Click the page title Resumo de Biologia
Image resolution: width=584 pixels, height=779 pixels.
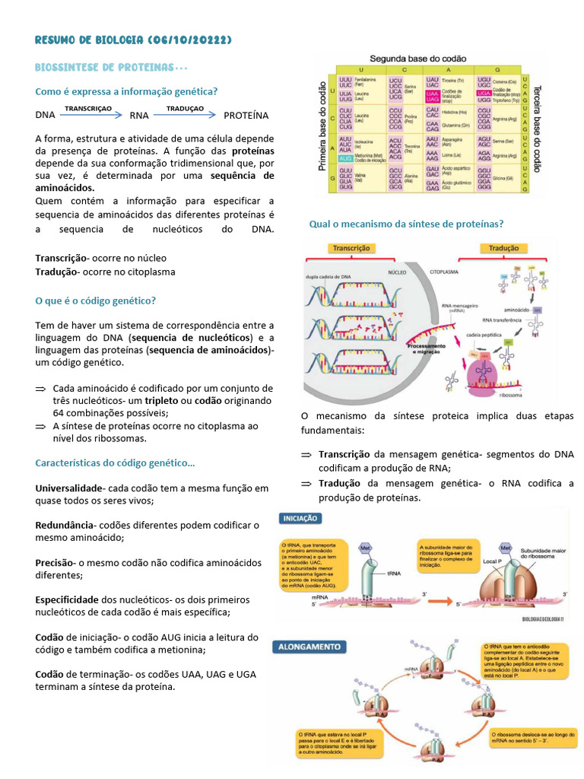[133, 40]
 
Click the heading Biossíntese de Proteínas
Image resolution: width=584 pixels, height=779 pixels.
[111, 68]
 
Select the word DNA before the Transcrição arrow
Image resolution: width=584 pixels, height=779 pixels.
[45, 116]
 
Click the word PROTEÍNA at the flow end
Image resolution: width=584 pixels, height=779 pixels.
[246, 116]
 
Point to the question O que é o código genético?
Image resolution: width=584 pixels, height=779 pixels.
[96, 300]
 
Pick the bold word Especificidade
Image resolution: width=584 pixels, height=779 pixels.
[67, 599]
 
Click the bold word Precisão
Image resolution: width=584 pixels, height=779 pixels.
[54, 562]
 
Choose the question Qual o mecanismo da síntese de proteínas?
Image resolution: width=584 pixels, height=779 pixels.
[406, 224]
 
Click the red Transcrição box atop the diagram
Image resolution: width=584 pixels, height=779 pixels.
[351, 248]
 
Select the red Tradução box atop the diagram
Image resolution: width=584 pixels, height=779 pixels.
[504, 248]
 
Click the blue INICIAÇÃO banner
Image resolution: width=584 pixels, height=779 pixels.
[301, 518]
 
